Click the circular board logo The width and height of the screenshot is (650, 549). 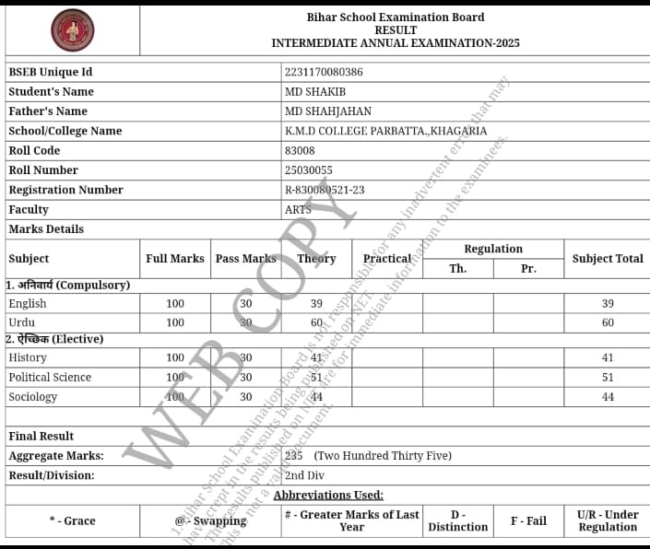pos(72,30)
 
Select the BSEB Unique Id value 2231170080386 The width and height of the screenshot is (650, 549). pos(324,72)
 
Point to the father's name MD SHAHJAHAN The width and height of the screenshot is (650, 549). pos(328,111)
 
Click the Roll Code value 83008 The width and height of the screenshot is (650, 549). pos(300,150)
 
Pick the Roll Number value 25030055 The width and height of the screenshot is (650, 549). pos(309,170)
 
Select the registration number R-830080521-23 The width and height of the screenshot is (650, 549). pos(325,190)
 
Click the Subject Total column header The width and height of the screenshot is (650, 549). pos(608,259)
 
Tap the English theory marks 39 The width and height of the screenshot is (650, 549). pos(316,304)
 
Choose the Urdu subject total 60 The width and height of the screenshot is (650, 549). pos(608,323)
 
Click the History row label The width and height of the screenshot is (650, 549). pos(28,357)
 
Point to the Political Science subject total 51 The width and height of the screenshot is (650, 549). pos(608,377)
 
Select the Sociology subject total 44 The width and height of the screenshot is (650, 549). pos(608,397)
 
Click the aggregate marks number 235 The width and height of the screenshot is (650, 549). pos(294,456)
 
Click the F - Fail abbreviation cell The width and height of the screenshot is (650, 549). pos(528,520)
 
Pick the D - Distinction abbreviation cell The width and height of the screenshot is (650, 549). pos(457,520)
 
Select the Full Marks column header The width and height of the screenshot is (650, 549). pos(175,259)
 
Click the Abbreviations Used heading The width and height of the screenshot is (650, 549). pos(328,496)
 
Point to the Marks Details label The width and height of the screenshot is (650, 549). pos(46,229)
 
